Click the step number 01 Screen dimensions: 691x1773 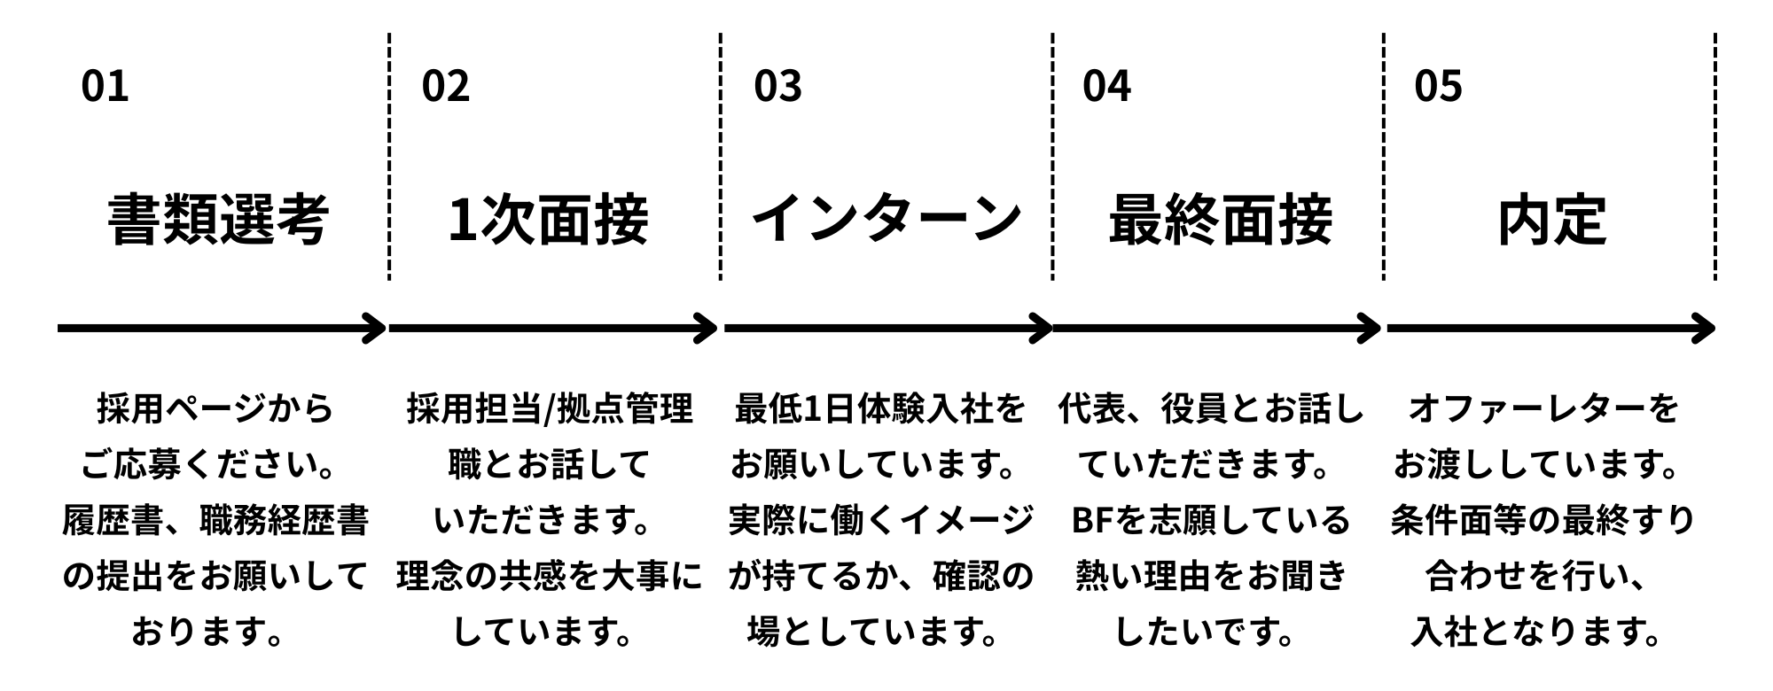[x=105, y=86]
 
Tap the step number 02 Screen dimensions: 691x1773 [x=445, y=86]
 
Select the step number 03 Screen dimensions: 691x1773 [x=777, y=86]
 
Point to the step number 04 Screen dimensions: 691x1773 [x=1106, y=86]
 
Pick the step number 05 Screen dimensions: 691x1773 [x=1438, y=86]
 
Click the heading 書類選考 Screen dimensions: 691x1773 [x=218, y=220]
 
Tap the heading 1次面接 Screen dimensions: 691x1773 [x=548, y=220]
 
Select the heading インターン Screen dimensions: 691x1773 [x=886, y=218]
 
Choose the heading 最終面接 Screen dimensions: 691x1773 [x=1220, y=220]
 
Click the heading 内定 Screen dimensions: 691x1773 [x=1551, y=220]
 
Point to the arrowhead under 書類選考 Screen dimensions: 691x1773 [x=376, y=329]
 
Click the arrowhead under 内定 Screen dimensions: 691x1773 [x=1704, y=329]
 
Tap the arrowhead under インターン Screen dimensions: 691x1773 [x=1042, y=329]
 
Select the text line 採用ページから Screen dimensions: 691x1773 [x=215, y=409]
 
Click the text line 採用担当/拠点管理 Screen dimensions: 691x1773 [x=550, y=409]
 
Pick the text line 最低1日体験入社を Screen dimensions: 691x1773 [x=880, y=409]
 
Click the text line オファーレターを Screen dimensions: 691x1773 [x=1543, y=409]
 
